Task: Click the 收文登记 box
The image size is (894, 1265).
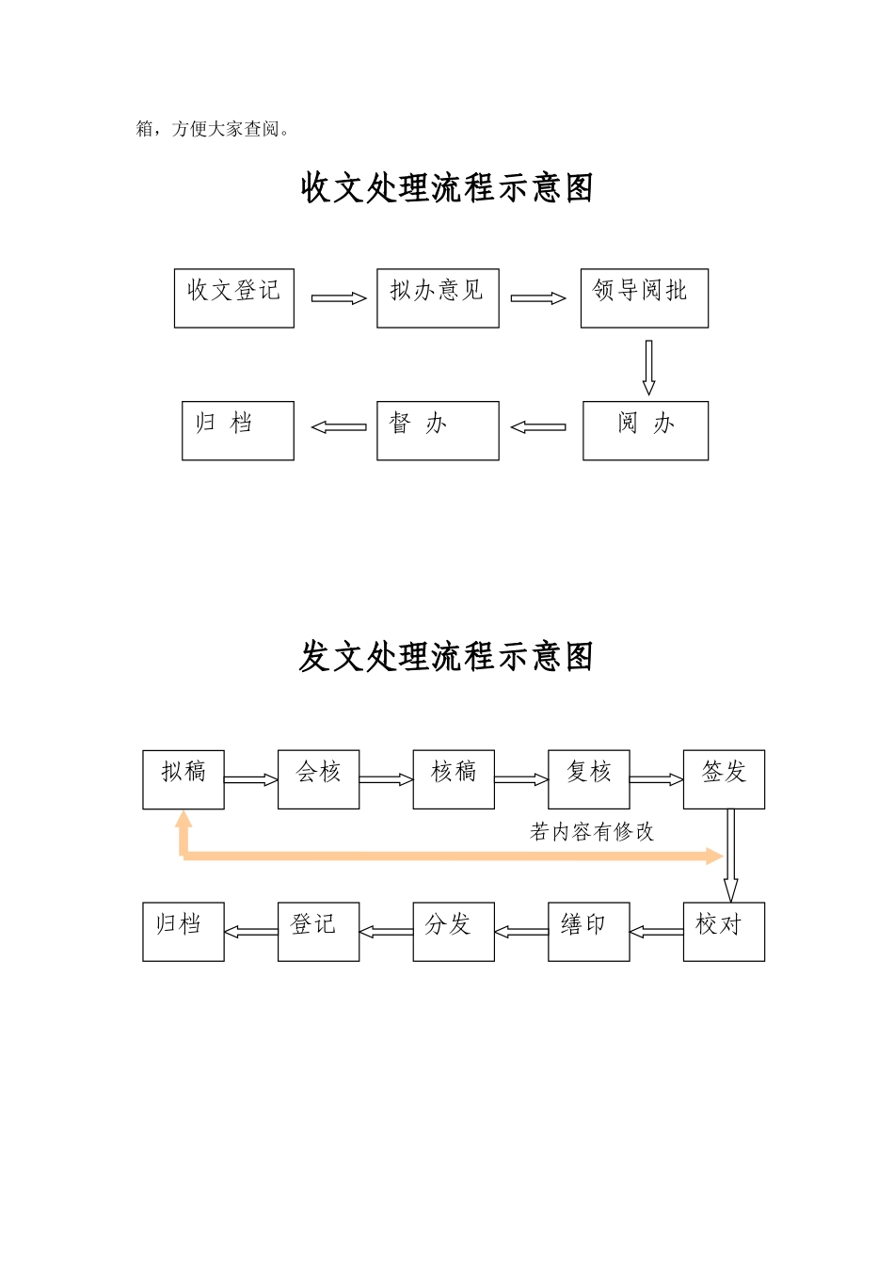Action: coord(234,298)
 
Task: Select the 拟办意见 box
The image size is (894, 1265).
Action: coord(438,298)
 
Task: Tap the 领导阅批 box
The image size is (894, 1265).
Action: coord(644,298)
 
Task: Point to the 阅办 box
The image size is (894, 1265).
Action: coord(645,431)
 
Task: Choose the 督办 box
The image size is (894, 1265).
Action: coord(438,431)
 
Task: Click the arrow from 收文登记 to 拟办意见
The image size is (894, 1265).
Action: coord(338,298)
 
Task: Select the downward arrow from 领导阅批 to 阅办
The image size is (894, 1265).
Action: coord(648,367)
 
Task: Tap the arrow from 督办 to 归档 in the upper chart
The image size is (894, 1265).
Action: coord(339,427)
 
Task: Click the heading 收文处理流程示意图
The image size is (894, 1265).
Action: coord(447,188)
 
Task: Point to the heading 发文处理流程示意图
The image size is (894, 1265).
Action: coord(447,656)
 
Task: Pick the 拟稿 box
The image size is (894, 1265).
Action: coord(184,779)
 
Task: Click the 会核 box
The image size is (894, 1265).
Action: coord(318,779)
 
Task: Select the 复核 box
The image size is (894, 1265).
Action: coord(589,779)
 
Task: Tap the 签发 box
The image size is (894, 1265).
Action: coord(724,779)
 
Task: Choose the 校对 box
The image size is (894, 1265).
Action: coord(724,932)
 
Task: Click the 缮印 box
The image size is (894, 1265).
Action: coord(589,932)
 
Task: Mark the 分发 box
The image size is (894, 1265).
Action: coord(454,932)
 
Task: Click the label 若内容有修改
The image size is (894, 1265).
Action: coord(592,832)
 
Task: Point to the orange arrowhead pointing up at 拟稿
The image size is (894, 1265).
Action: coord(184,821)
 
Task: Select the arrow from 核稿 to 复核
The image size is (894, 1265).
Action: coord(521,779)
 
